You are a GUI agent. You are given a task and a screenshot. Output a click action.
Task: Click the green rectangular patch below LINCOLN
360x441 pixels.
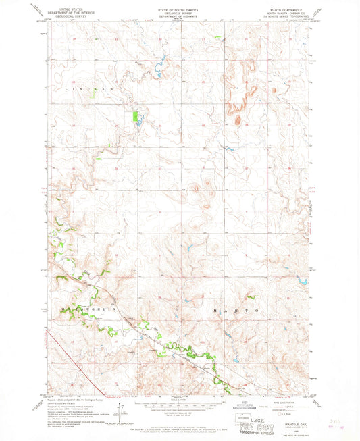point(136,115)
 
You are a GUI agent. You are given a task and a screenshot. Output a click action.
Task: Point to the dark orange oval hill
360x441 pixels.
point(237,120)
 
